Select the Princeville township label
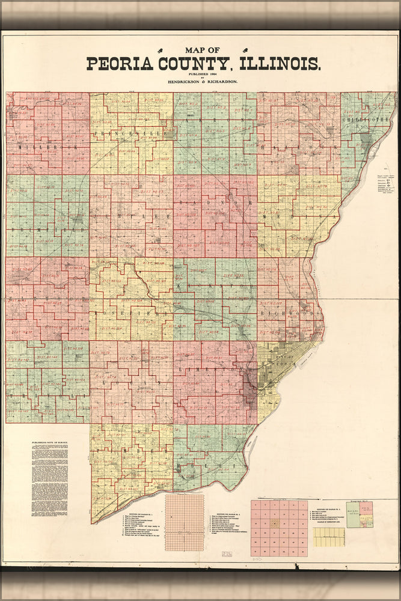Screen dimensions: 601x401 coord(129,133)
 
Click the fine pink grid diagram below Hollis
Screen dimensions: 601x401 coord(185,522)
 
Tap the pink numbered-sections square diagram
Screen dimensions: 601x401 coord(279,527)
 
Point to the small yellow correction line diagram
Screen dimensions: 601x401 coord(329,536)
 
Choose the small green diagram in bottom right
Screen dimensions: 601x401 coord(360,514)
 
